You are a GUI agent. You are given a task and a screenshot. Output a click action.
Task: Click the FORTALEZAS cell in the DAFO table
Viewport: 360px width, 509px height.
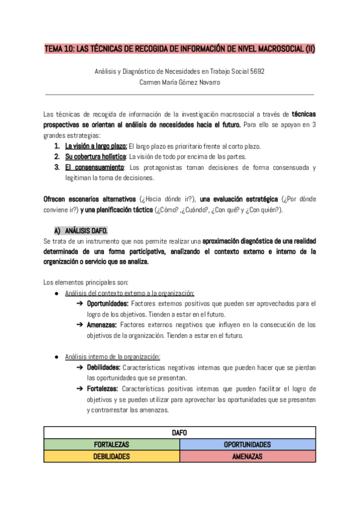click(x=112, y=445)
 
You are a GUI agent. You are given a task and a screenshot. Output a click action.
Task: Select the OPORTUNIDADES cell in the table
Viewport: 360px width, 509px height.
click(x=247, y=445)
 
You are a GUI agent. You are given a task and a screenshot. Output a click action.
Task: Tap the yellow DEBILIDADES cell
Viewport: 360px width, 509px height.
click(x=112, y=456)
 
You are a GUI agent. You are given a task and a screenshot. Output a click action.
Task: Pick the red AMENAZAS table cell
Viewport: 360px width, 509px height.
click(x=247, y=456)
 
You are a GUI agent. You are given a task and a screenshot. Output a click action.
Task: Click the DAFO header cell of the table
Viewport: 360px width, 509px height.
click(x=179, y=432)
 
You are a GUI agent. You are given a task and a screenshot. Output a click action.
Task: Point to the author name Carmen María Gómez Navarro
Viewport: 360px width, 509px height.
click(x=179, y=82)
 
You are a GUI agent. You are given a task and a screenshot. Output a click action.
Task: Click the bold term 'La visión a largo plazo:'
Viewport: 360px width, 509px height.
click(x=96, y=146)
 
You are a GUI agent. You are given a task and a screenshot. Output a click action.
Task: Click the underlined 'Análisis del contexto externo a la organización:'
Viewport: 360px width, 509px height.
click(x=130, y=293)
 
